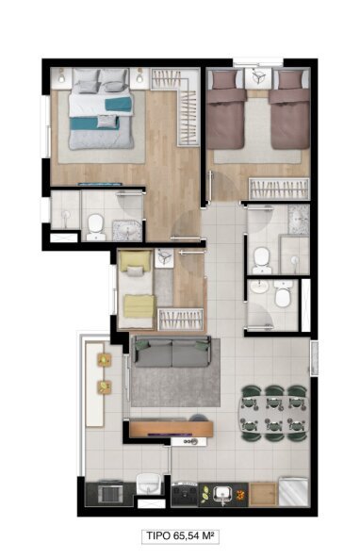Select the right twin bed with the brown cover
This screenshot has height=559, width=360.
[x=289, y=114]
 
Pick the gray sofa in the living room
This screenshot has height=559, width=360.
[x=172, y=353]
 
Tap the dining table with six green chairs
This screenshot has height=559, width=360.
[x=273, y=411]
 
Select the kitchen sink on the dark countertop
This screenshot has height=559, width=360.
[x=223, y=492]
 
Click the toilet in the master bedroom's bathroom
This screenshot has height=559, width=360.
[x=94, y=223]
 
